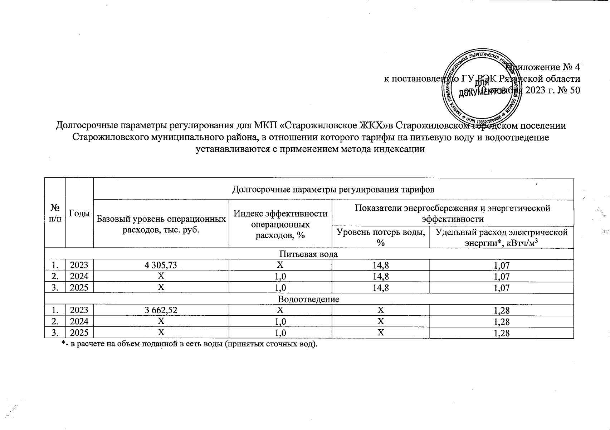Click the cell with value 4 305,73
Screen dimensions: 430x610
click(x=161, y=265)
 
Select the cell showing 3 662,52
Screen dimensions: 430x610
click(x=161, y=310)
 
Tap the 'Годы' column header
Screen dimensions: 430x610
click(x=79, y=213)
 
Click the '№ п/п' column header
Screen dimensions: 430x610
click(x=55, y=213)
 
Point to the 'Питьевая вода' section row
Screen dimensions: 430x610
click(x=308, y=254)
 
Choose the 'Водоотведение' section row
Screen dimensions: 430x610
click(x=308, y=299)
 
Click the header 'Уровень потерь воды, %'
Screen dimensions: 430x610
click(x=381, y=237)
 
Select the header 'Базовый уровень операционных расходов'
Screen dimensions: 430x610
click(x=161, y=224)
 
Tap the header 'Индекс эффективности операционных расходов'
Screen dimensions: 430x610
click(x=280, y=224)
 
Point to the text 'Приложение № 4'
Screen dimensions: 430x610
click(x=544, y=67)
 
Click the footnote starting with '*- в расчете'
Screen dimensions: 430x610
click(x=190, y=344)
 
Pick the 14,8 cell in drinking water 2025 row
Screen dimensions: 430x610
click(x=381, y=288)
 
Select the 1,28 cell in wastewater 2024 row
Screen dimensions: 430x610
click(x=501, y=321)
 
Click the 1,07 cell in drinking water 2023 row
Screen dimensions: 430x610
click(x=501, y=266)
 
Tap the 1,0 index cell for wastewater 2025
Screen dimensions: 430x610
click(x=280, y=333)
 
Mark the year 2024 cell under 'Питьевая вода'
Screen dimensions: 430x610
click(x=79, y=276)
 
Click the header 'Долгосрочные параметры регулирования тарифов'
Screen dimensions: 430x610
click(x=333, y=189)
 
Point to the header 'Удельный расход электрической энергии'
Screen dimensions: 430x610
click(x=501, y=237)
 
